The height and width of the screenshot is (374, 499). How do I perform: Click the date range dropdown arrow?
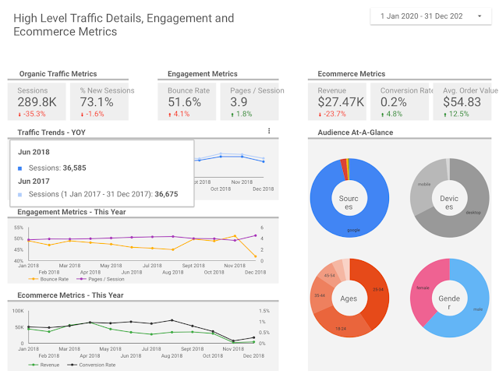click(478, 16)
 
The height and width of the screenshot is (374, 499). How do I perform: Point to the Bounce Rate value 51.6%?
click(185, 101)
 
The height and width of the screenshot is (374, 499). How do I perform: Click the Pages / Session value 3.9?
click(239, 101)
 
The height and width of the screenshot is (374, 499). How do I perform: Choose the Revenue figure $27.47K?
click(341, 101)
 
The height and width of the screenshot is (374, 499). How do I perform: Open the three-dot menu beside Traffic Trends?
click(269, 132)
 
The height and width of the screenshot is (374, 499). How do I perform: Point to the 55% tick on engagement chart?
click(19, 228)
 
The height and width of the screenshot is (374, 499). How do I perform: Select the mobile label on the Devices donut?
click(424, 184)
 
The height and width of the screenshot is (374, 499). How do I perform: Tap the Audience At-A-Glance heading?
click(355, 132)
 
